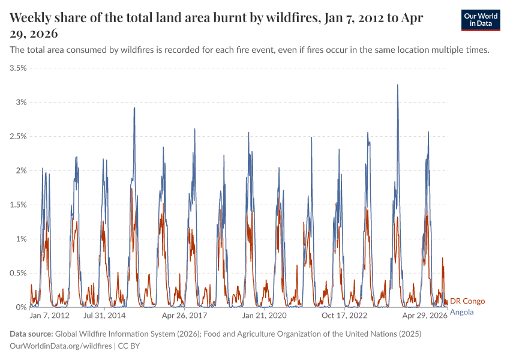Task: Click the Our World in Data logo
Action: tap(480, 20)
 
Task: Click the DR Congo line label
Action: tap(467, 301)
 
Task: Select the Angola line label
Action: tap(461, 312)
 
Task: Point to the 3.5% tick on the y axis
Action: tap(18, 68)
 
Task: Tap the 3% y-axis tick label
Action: tap(22, 103)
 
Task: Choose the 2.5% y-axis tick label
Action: tap(18, 137)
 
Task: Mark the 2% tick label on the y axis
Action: tap(22, 171)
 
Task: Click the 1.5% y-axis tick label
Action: tap(18, 205)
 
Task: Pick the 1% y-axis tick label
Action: tap(22, 239)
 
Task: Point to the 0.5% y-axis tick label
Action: tap(18, 273)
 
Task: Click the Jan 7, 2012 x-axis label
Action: tap(50, 315)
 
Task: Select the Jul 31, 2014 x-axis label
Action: tap(104, 315)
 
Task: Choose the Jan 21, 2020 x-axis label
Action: tap(264, 315)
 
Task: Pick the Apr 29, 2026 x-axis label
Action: tap(424, 315)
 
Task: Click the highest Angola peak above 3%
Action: tap(397, 85)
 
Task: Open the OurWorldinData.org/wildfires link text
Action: tap(61, 346)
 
